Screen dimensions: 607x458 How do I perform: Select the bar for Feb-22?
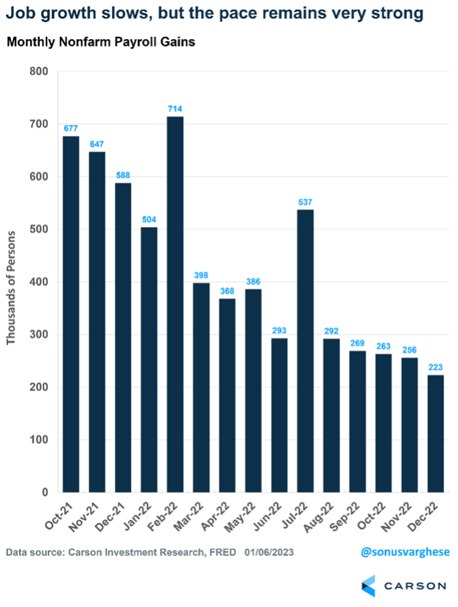(x=175, y=303)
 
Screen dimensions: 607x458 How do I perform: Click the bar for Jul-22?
(x=306, y=351)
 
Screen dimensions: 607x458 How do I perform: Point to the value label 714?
(x=175, y=109)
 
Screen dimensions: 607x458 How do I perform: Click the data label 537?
(x=306, y=202)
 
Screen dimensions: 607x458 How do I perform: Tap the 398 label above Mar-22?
(x=201, y=275)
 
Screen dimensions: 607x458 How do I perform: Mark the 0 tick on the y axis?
(x=43, y=492)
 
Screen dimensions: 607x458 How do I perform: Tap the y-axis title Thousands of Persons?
(x=11, y=281)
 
